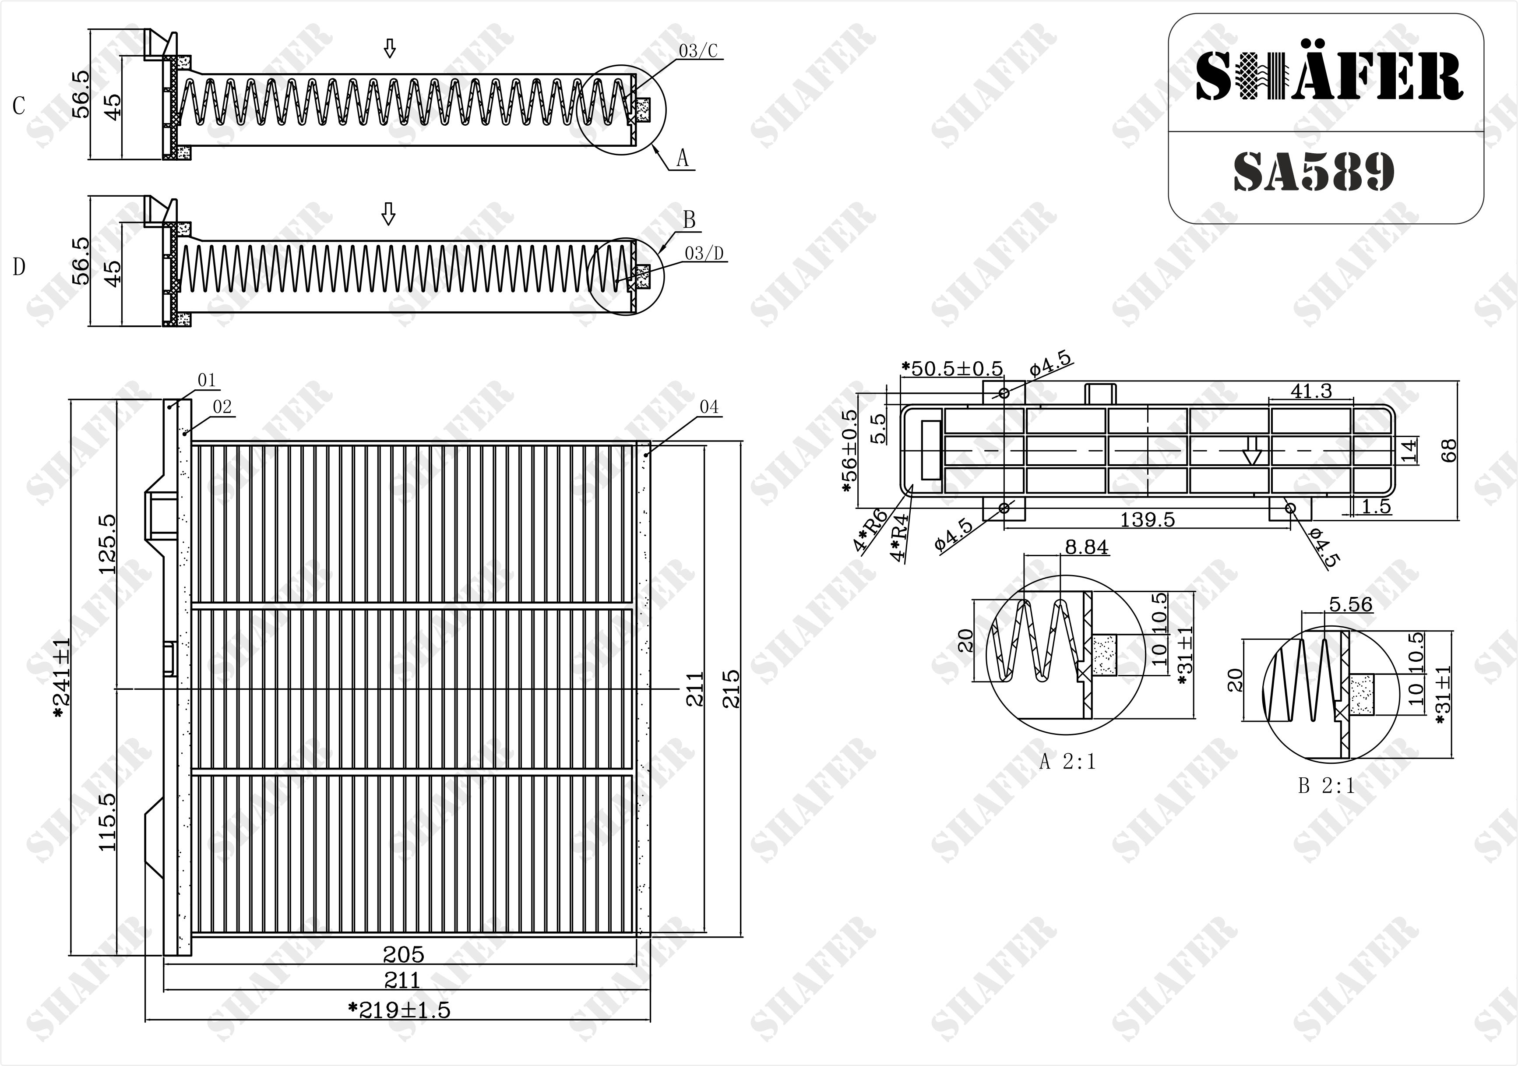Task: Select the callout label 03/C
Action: pyautogui.click(x=698, y=51)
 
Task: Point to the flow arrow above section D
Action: pyautogui.click(x=389, y=214)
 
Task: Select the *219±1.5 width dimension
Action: pyautogui.click(x=399, y=1010)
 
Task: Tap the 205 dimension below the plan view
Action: pyautogui.click(x=403, y=954)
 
